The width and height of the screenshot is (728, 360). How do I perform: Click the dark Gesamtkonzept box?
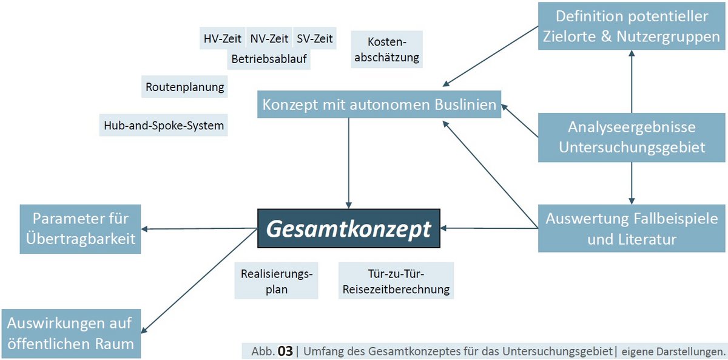click(x=348, y=229)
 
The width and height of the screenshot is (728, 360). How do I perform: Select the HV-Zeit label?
click(x=222, y=39)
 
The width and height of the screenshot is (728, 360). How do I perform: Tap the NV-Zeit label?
click(x=269, y=39)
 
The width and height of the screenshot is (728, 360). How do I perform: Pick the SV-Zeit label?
click(x=314, y=39)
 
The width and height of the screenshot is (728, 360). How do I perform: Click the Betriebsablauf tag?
click(x=269, y=59)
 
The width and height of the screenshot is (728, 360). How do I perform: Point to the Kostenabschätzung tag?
click(x=386, y=50)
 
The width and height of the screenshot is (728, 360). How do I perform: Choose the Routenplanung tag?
click(x=184, y=87)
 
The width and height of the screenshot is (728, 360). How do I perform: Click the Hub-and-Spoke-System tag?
click(x=163, y=126)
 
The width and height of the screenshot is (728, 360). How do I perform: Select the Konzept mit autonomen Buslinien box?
click(x=379, y=105)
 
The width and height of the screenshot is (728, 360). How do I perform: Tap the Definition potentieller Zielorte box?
click(x=631, y=26)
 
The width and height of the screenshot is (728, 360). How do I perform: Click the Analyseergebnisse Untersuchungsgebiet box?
click(x=631, y=137)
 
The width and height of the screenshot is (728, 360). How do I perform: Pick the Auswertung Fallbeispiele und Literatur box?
click(x=631, y=228)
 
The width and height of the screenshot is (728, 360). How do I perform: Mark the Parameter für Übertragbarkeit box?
click(x=80, y=228)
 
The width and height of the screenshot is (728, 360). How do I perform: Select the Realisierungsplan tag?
click(x=276, y=280)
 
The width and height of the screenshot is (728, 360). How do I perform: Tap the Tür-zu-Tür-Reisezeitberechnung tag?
click(x=396, y=280)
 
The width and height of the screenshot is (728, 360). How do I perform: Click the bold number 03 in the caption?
click(x=285, y=351)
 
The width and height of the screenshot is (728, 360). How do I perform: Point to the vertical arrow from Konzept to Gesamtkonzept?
click(x=349, y=161)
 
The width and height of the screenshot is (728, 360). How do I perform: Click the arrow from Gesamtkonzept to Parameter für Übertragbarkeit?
click(x=200, y=229)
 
